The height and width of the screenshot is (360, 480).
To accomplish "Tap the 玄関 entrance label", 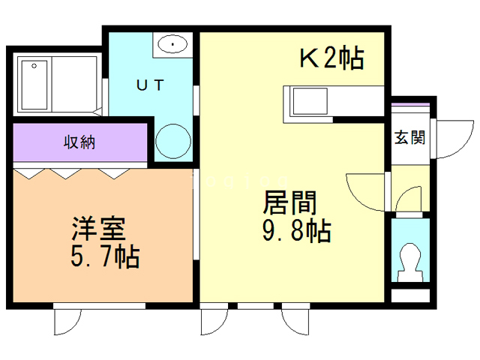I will [410, 138].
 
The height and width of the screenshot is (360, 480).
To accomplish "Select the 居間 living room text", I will [289, 202].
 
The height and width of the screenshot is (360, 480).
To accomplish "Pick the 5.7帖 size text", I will [103, 257].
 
